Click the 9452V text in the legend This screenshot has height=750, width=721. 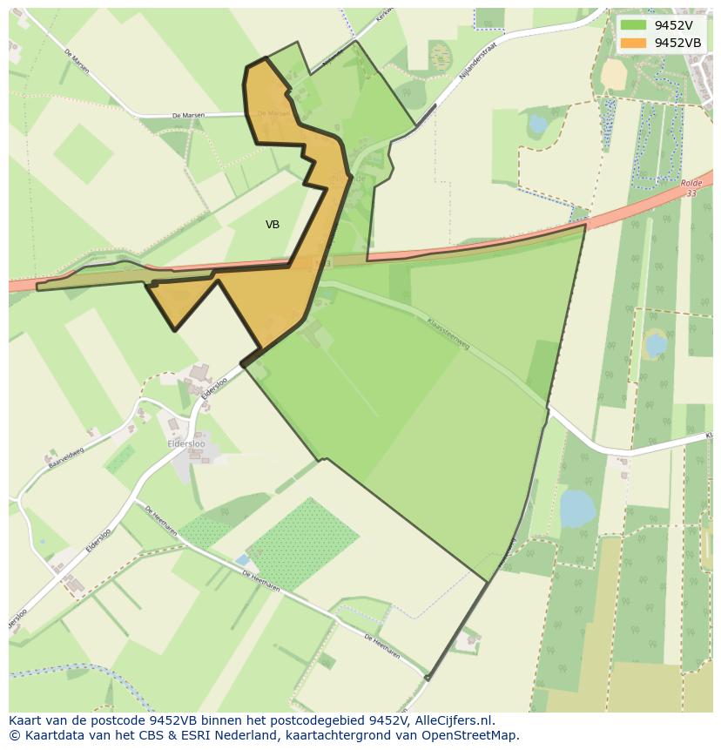(x=673, y=25)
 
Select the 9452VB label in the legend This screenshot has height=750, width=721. (x=678, y=43)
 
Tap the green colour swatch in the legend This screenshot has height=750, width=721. (x=634, y=25)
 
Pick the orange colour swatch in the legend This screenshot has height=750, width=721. (x=634, y=43)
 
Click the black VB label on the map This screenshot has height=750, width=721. (x=273, y=225)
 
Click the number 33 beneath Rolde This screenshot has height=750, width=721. (x=691, y=193)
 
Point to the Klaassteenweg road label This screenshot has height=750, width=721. (x=448, y=334)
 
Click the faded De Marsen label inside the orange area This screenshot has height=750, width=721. (x=274, y=113)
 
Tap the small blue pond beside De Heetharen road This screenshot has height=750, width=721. (x=242, y=558)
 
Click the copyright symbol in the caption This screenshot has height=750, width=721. (x=15, y=735)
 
